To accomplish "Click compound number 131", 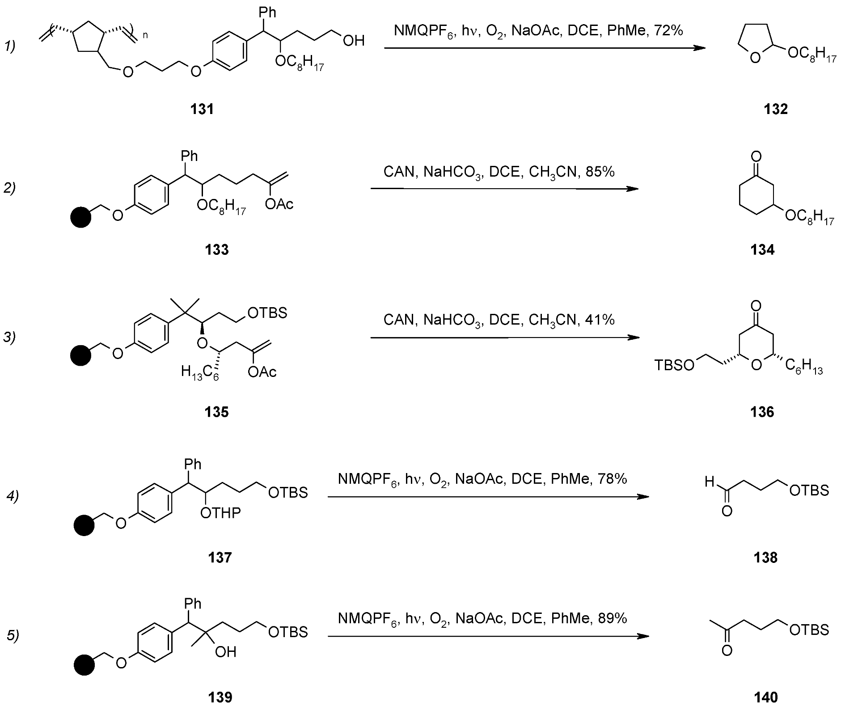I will [202, 109].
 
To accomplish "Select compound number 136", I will [762, 412].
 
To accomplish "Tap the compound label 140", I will [765, 697].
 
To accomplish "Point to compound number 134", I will [762, 249].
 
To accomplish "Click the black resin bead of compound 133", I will [81, 218].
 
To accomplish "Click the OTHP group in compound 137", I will [220, 513].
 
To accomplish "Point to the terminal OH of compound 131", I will [354, 41].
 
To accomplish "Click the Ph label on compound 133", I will [189, 156].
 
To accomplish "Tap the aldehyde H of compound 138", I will [710, 482].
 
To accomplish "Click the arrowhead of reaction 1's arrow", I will [699, 47].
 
